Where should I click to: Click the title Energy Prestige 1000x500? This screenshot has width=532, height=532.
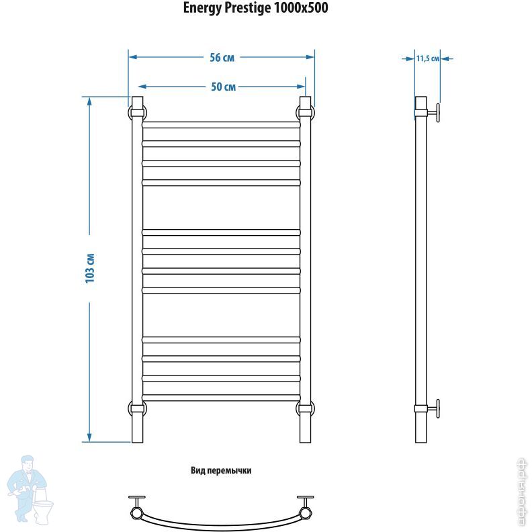coord(256,8)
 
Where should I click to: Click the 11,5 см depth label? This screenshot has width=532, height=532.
coord(427,58)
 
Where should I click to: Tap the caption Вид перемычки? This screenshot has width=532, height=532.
coord(221,471)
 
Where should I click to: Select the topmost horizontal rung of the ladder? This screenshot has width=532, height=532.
coord(221,124)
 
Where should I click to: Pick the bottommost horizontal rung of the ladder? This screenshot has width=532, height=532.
coord(221,397)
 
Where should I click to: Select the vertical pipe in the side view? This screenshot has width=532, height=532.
coord(420,269)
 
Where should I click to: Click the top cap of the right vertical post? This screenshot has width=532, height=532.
coord(305,102)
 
